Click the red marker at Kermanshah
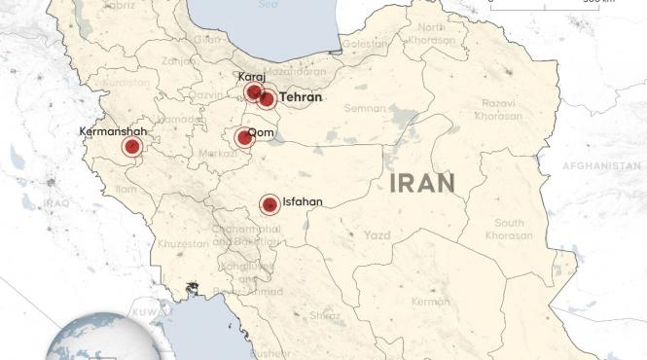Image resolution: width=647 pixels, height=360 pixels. pyautogui.click(x=131, y=147)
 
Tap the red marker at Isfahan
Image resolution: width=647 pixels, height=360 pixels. pyautogui.click(x=269, y=204)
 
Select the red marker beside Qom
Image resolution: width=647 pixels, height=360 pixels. pyautogui.click(x=244, y=137)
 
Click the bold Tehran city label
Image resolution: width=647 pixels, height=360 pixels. pyautogui.click(x=300, y=97)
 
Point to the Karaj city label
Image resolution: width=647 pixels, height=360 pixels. pyautogui.click(x=251, y=77)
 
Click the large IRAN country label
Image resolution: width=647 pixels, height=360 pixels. pyautogui.click(x=421, y=182)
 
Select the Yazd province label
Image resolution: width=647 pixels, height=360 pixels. pyautogui.click(x=377, y=235)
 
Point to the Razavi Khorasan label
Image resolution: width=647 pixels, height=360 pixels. pyautogui.click(x=499, y=109)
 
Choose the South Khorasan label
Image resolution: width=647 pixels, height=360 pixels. pyautogui.click(x=509, y=230)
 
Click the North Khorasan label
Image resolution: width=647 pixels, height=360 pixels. pyautogui.click(x=429, y=33)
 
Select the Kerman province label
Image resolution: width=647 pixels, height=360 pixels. pyautogui.click(x=430, y=302)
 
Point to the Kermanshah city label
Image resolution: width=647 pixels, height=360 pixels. pyautogui.click(x=115, y=130)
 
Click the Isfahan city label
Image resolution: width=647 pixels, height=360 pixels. pyautogui.click(x=302, y=202)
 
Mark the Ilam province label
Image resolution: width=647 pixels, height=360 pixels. pyautogui.click(x=126, y=188)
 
